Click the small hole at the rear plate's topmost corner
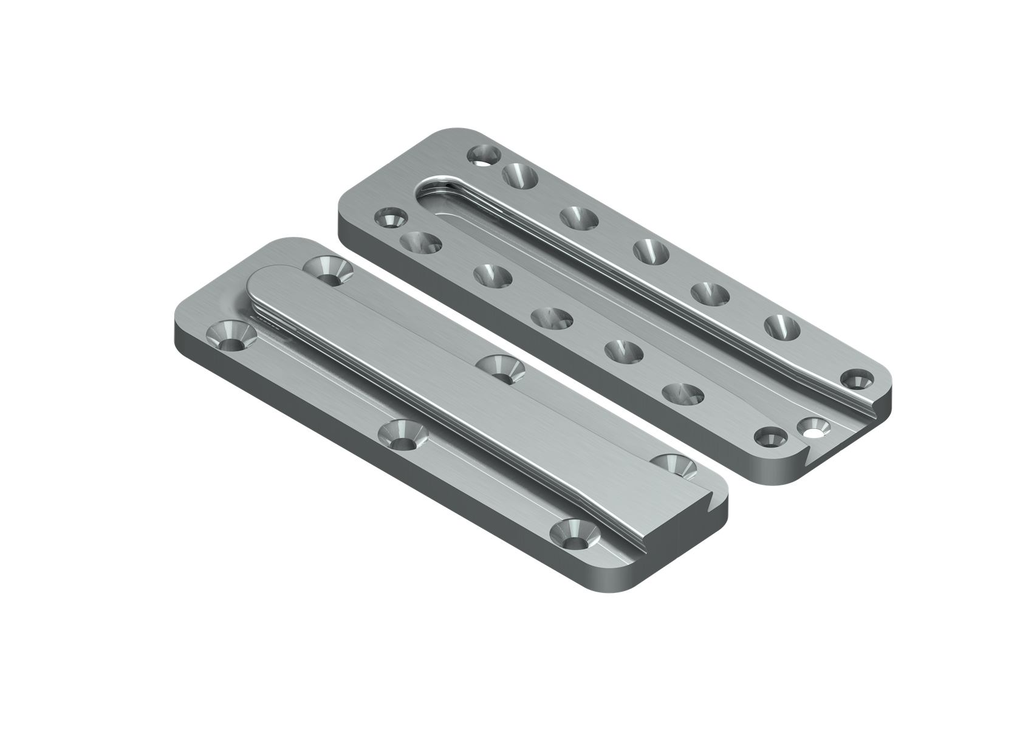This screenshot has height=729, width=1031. click(484, 156)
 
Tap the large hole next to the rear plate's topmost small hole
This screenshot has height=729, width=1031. click(521, 176)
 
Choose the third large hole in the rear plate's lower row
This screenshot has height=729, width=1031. click(552, 318)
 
